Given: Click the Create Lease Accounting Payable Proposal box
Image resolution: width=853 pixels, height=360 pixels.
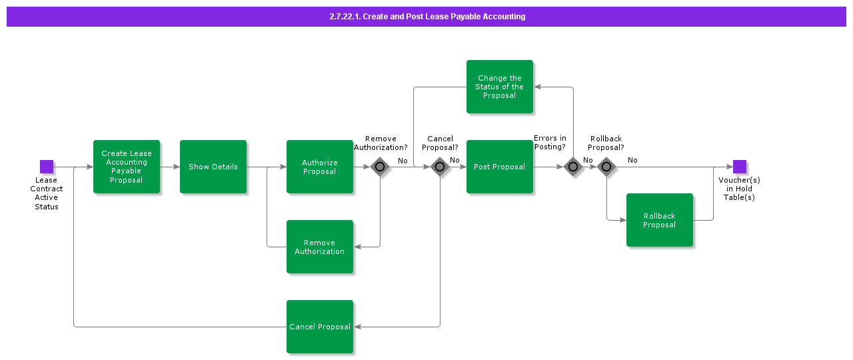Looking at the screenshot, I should coord(127,167).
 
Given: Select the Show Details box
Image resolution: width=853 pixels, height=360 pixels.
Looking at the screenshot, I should coord(213,167).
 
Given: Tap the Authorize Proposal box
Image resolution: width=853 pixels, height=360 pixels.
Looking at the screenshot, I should coord(320,167).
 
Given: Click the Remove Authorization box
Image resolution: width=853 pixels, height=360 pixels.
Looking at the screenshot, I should coord(320,247).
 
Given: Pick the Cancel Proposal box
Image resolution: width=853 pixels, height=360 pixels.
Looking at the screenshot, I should coord(320,327).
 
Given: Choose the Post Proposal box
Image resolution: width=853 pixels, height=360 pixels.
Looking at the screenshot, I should coord(500,167).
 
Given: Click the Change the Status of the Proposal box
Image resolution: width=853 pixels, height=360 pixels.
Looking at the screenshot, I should coord(500,87).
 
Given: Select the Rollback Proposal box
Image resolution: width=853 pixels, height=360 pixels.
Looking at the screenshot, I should coord(660,220).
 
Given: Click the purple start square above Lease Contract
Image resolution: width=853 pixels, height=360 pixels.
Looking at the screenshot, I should coord(47,167).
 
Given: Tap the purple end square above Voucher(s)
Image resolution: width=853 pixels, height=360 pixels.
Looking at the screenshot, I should coord(740,167).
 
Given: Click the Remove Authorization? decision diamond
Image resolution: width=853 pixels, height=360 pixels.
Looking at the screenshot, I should coord(380,167).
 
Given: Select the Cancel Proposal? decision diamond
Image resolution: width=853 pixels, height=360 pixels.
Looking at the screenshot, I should coord(440,167).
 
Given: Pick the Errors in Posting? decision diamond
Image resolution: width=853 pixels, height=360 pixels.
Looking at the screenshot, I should coord(573,167).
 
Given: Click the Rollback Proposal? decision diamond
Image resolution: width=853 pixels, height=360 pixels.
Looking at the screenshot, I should coord(606,167).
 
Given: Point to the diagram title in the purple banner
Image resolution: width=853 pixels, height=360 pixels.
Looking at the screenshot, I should coord(427,17).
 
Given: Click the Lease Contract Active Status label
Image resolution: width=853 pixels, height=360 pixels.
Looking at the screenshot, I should coord(47,193).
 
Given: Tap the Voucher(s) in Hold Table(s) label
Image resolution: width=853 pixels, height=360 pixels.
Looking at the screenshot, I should coord(739,189).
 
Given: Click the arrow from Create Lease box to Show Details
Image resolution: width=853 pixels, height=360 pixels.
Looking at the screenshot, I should coord(170,167).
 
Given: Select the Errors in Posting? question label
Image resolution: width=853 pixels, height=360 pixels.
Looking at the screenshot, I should coord(550,143).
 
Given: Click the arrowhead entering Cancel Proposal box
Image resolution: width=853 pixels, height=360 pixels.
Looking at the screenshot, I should coord(358,327).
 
